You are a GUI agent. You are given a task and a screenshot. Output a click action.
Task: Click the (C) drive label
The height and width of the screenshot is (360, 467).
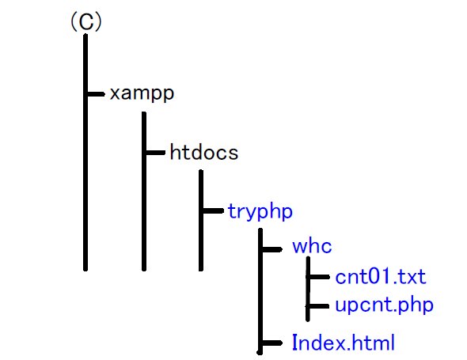[86, 21]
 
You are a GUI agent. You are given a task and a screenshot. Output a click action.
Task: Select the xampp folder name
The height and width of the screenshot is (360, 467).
[142, 94]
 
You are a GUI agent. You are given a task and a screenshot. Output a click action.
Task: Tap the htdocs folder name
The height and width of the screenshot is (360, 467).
[203, 152]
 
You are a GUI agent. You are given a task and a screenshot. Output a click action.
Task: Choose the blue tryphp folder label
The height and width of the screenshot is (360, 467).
[260, 212]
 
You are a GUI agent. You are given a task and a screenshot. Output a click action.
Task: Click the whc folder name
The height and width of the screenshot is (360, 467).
[312, 247]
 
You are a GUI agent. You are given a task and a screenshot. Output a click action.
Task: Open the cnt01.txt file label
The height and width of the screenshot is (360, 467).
[381, 277]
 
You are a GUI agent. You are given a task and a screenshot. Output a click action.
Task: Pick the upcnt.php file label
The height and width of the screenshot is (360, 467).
[384, 305]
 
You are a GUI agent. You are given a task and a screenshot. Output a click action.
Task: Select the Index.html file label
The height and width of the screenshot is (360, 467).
[344, 343]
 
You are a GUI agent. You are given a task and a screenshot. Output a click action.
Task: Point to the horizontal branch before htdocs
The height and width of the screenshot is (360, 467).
[155, 153]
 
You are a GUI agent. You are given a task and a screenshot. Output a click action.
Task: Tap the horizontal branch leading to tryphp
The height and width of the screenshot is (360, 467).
[213, 210]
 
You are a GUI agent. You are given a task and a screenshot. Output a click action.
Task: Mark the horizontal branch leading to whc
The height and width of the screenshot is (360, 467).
[272, 249]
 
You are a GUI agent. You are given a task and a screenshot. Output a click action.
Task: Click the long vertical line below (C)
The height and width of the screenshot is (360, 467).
[85, 153]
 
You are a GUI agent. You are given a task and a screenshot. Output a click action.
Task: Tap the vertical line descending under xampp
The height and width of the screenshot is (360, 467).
[144, 191]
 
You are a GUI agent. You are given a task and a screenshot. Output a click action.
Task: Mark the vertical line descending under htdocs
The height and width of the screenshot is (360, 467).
[201, 220]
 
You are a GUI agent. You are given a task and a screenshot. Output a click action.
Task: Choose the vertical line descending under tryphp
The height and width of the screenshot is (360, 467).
[260, 291]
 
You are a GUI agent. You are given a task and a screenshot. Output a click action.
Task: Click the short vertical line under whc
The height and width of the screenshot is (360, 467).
[308, 289]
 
